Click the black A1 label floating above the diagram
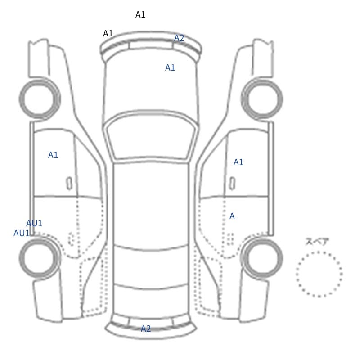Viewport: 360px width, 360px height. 140,15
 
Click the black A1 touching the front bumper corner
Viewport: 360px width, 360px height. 108,33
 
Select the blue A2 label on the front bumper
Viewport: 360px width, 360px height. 179,38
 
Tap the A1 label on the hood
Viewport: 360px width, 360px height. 170,68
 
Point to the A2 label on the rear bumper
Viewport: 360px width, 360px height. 146,328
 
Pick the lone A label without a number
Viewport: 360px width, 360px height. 232,216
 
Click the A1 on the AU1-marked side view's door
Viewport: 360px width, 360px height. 53,155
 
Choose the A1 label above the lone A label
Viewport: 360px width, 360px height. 238,162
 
